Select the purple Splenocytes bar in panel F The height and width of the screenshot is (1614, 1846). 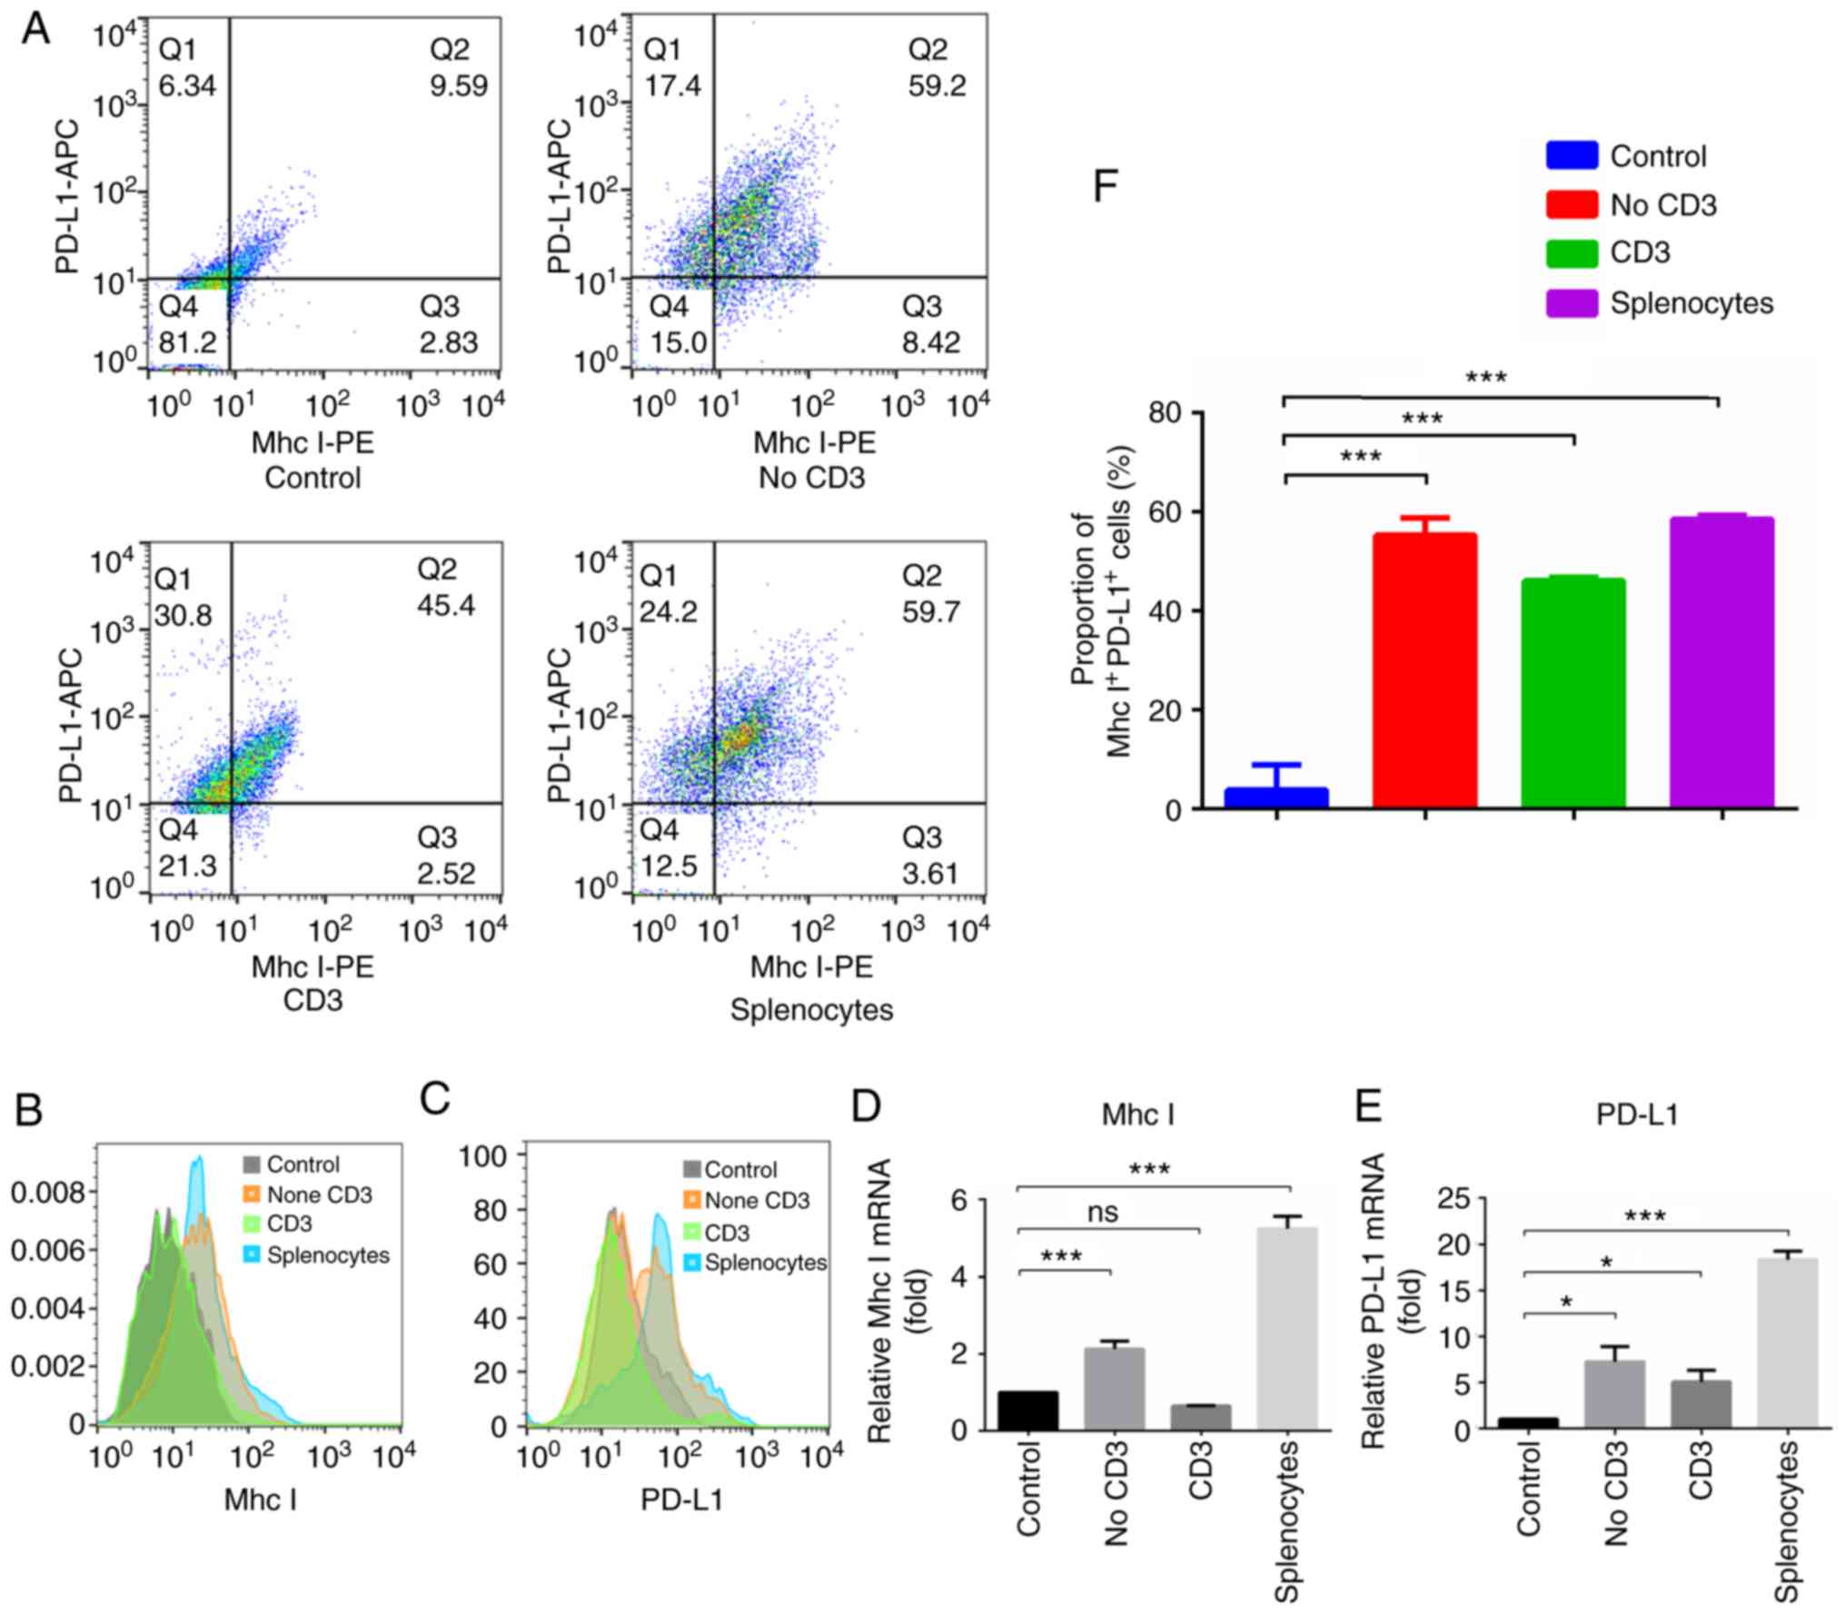coord(1722,662)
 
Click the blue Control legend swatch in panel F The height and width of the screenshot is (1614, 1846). coord(1572,155)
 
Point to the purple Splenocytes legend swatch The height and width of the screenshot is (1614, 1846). coord(1572,302)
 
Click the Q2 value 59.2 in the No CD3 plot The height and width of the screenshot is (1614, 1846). coord(937,85)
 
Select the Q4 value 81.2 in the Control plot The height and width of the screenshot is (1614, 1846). coord(188,342)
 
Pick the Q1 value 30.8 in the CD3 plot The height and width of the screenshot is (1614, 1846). coord(184,615)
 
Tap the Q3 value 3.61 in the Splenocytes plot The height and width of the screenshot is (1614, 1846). coord(930,873)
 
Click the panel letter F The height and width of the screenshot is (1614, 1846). coord(1105,186)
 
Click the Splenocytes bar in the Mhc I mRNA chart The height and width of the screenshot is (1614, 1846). coord(1287,1329)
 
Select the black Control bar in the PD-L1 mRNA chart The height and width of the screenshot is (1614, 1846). coord(1528,1423)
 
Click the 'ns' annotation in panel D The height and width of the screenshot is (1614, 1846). coord(1102,1212)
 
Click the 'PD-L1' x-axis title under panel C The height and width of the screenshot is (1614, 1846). coord(682,1500)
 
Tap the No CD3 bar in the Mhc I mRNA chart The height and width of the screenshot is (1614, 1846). coord(1114,1390)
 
